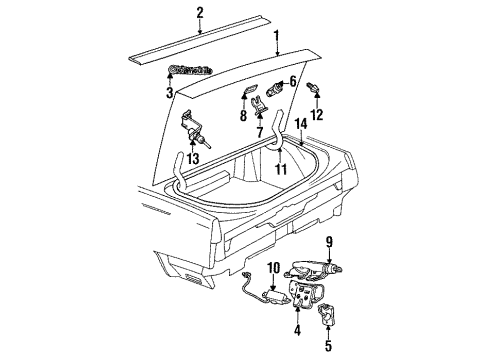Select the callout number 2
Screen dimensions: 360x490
pyautogui.click(x=200, y=12)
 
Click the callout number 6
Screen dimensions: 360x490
pyautogui.click(x=293, y=81)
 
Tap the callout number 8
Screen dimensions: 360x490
pyautogui.click(x=242, y=113)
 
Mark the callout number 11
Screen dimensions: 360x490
pyautogui.click(x=282, y=169)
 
